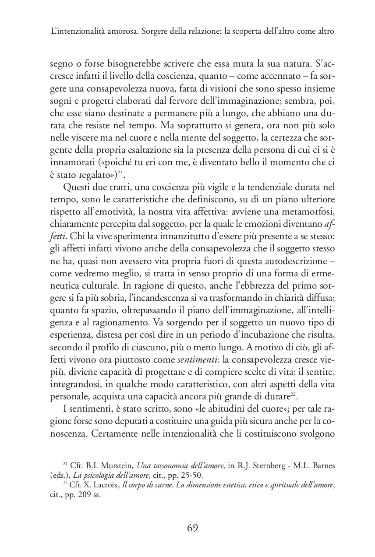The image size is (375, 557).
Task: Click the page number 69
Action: coord(193,528)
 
